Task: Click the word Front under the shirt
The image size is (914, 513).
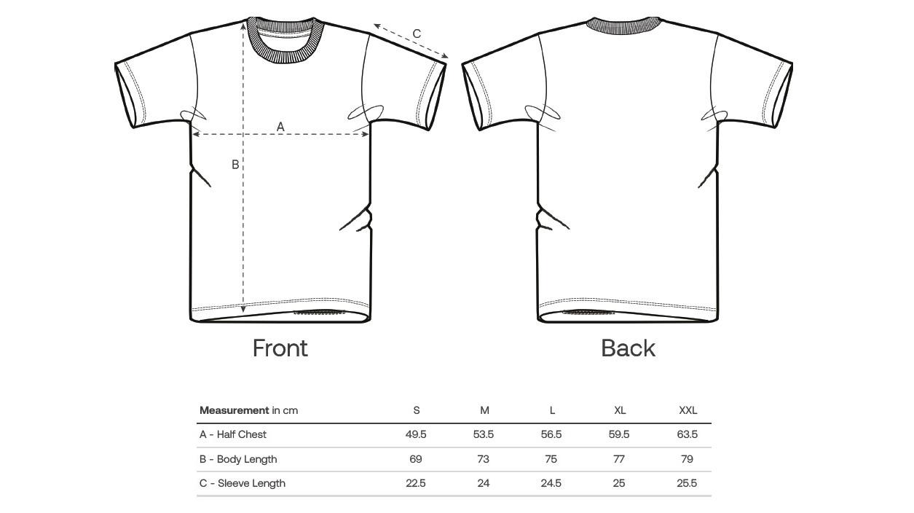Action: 280,348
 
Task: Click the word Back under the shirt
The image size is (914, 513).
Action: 628,348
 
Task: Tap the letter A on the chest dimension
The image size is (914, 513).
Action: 280,127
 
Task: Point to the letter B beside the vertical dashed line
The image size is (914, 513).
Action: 235,165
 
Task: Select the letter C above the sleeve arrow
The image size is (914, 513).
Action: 417,34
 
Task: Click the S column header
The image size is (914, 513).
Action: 416,410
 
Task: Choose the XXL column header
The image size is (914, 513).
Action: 688,410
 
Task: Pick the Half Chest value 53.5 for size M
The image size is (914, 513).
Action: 484,434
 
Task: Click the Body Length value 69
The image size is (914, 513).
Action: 416,459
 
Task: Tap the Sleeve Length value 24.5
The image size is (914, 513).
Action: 551,483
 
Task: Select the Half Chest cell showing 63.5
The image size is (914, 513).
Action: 687,434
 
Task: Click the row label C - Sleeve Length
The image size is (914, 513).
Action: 243,483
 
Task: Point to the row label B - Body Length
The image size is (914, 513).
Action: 238,459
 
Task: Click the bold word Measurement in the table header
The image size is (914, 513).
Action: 235,410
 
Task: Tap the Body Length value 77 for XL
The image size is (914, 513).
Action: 619,459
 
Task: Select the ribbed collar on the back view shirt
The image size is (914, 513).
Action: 623,26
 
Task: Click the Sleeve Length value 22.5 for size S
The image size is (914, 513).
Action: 416,483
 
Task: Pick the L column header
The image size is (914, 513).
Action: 552,410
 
